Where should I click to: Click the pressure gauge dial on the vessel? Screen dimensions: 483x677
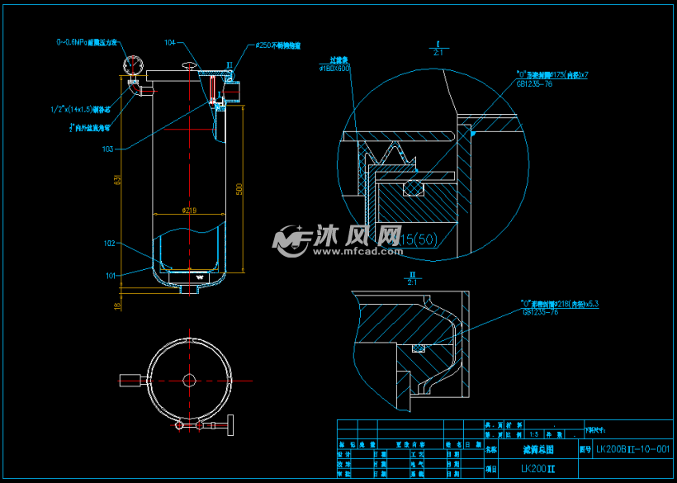[x=133, y=64]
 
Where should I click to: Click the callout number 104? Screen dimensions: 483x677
[x=170, y=42]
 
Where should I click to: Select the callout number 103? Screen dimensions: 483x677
[x=107, y=149]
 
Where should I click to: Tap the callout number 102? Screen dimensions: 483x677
[x=109, y=244]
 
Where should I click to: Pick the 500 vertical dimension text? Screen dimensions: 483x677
[x=239, y=188]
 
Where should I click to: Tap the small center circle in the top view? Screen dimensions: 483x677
[x=189, y=379]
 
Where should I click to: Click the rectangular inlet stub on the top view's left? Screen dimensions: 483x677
[x=131, y=380]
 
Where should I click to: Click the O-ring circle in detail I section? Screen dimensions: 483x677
[x=411, y=189]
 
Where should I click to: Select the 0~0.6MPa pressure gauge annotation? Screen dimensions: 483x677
[x=87, y=41]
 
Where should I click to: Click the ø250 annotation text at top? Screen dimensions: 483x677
[x=278, y=45]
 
